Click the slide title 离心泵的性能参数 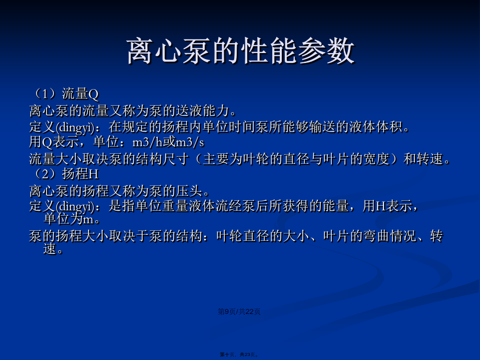pos(241,51)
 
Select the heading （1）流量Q pos(64,94)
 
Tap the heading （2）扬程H pos(64,174)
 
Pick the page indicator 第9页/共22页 pos(239,311)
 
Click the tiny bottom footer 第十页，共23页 pos(239,354)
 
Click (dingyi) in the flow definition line pos(75,127)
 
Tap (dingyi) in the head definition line pos(75,206)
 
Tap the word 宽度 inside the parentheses pos(376,159)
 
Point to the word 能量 pos(336,206)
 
